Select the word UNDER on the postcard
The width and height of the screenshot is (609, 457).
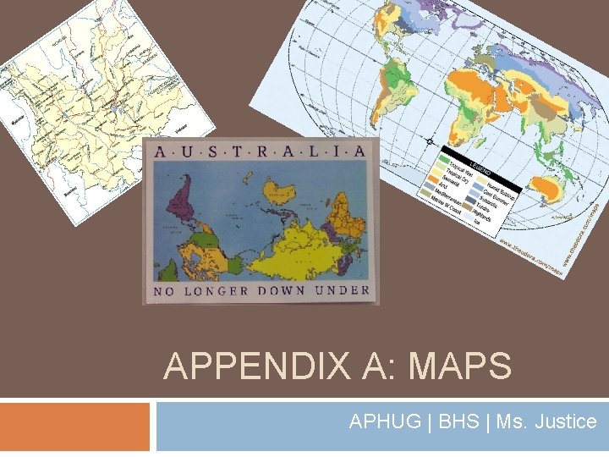click(343, 290)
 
